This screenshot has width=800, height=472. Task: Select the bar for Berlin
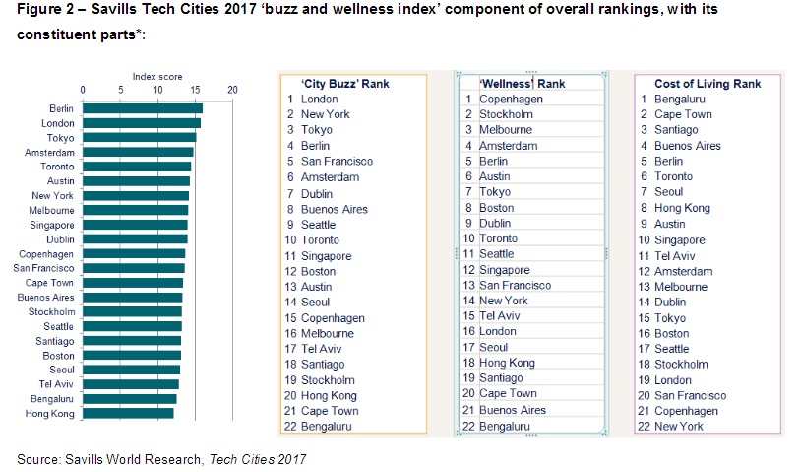[x=142, y=108]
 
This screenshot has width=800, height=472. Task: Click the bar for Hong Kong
[x=128, y=414]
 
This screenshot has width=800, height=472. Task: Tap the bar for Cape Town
[x=132, y=282]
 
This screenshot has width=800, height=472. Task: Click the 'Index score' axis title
[x=157, y=76]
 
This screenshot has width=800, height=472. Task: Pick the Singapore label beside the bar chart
[x=53, y=224]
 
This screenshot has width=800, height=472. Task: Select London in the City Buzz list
[x=320, y=100]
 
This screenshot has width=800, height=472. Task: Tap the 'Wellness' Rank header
[x=522, y=84]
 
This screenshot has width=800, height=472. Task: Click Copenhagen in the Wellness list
[x=512, y=100]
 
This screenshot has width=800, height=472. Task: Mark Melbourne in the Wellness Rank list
[x=506, y=129]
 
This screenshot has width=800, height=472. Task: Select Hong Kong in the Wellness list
[x=508, y=363]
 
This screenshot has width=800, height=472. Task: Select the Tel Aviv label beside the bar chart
[x=58, y=384]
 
